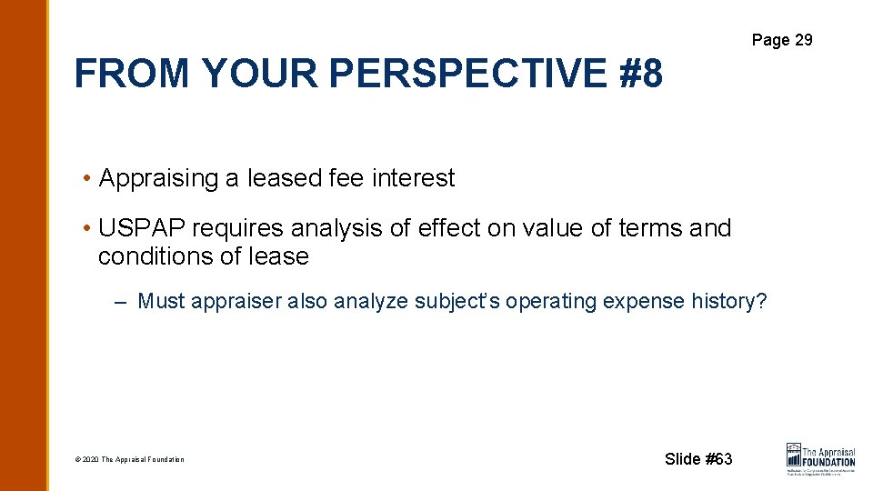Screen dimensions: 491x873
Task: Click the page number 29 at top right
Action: [x=803, y=40]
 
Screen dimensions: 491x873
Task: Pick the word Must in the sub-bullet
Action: [x=160, y=302]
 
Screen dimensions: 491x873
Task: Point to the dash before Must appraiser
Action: [x=121, y=302]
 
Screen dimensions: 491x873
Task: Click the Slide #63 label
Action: [x=697, y=459]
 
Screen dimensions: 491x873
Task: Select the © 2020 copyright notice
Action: [x=129, y=460]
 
